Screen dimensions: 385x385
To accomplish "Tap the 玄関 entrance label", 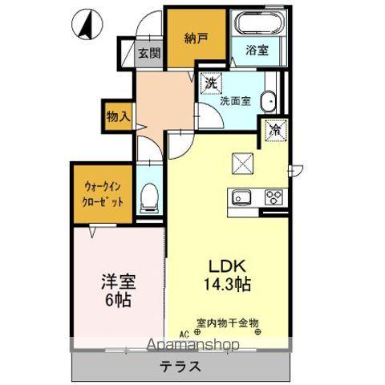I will click(148, 53).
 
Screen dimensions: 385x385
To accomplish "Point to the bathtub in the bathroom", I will click(257, 22).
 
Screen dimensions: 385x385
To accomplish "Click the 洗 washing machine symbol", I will click(210, 82).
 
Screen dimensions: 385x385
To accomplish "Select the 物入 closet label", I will click(118, 117).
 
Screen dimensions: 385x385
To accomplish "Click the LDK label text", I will click(225, 265).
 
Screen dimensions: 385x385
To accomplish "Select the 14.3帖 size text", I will click(225, 284).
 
